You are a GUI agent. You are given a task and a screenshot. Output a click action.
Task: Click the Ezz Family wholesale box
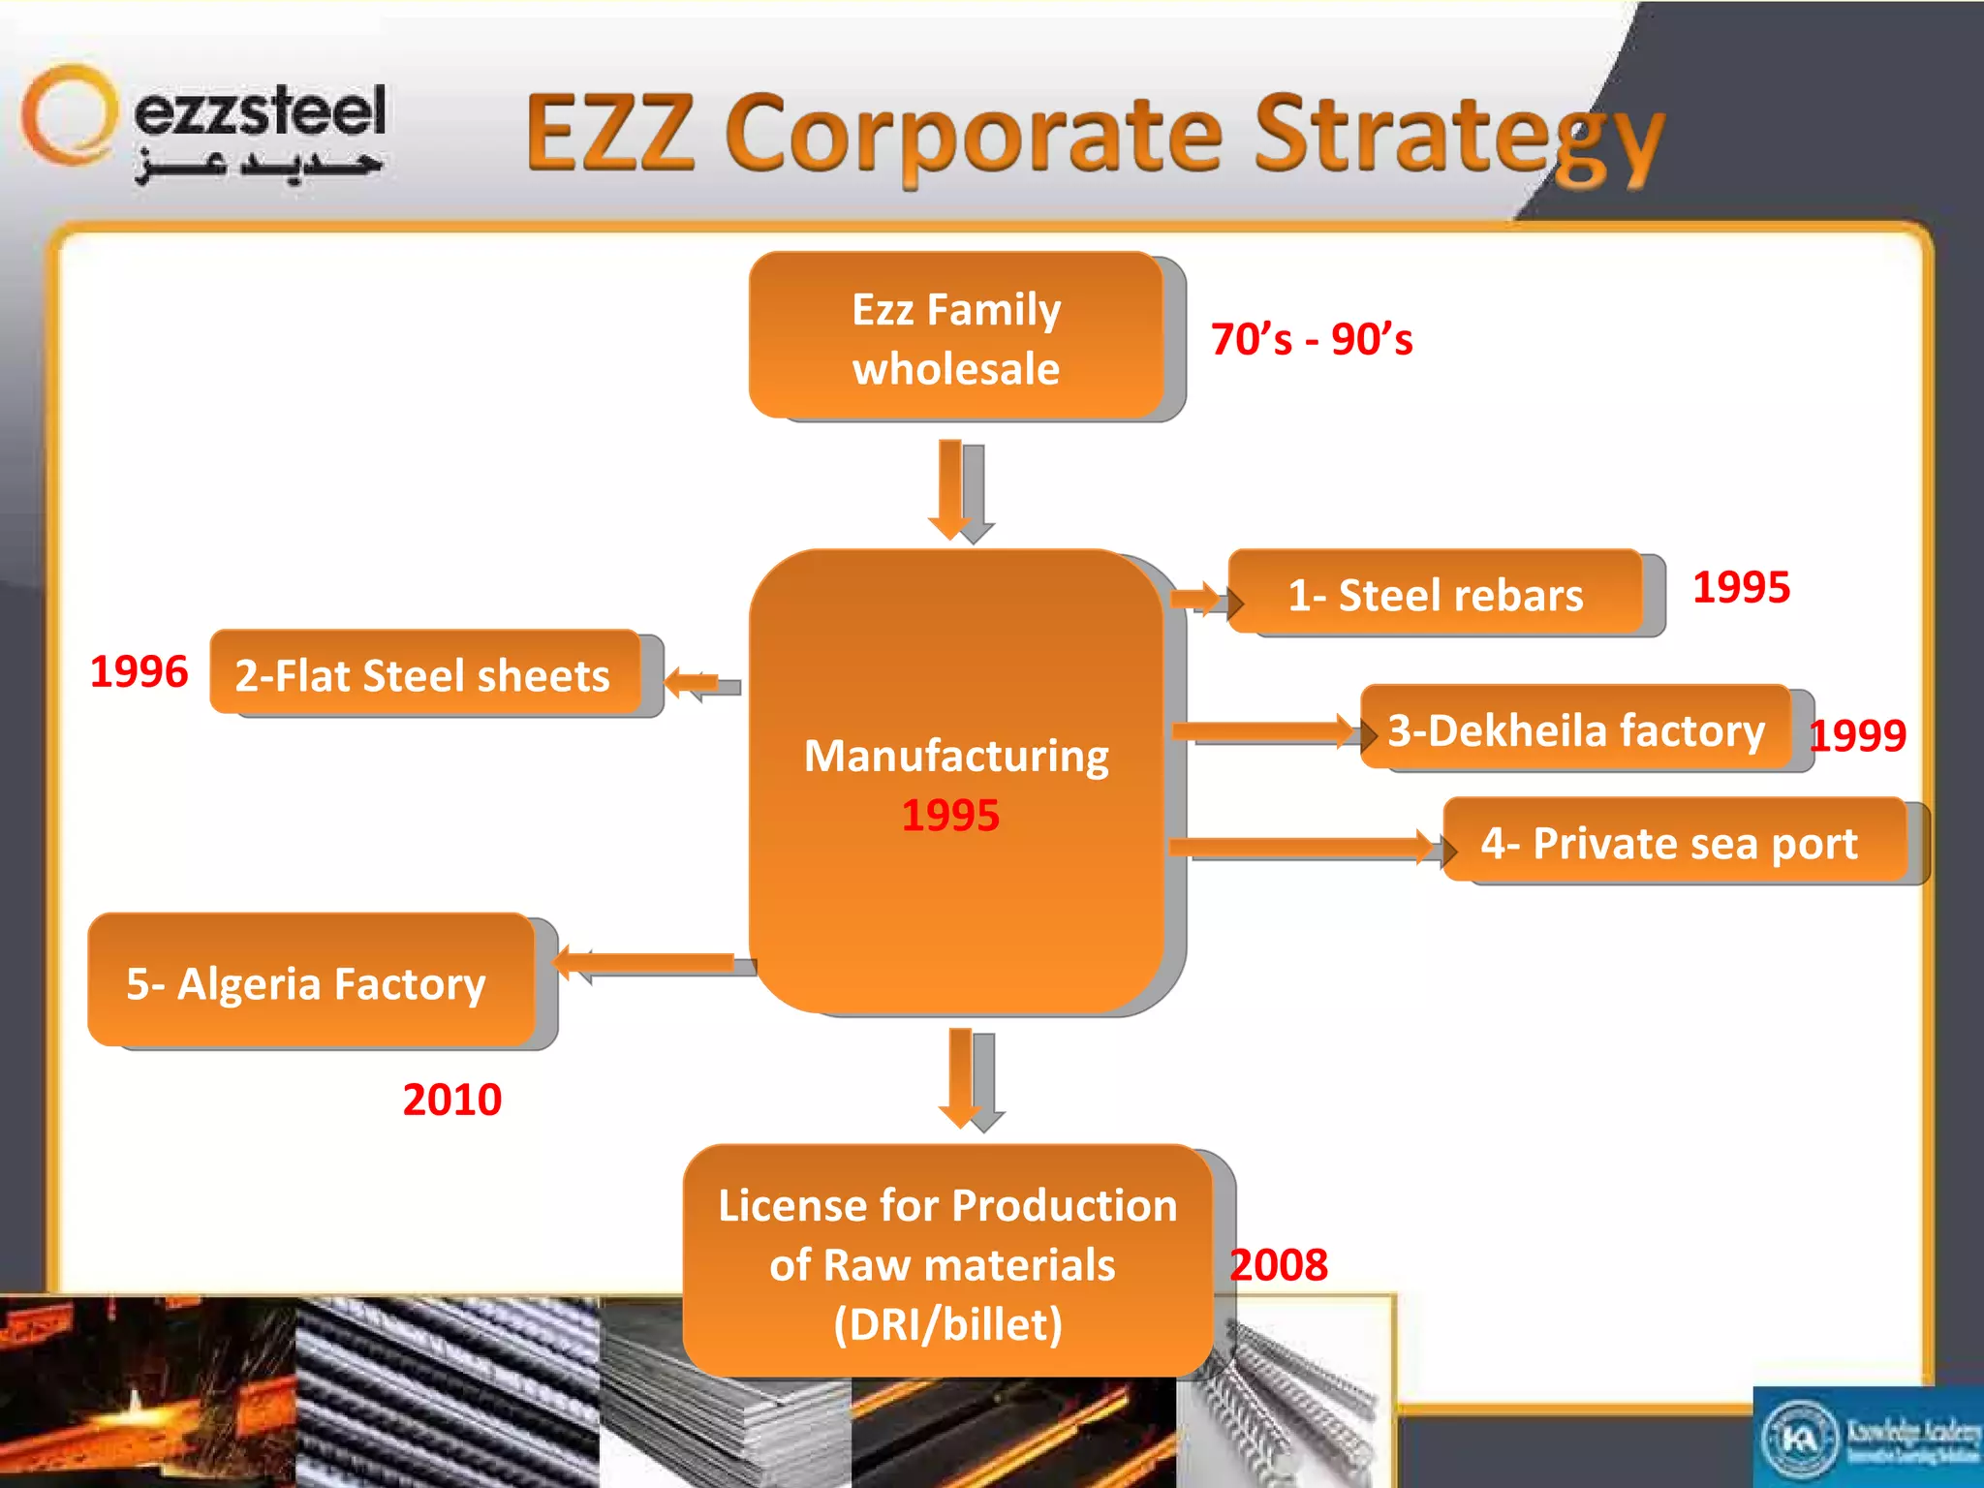[x=956, y=336]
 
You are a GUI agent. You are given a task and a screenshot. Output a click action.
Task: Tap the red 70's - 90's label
[x=1311, y=339]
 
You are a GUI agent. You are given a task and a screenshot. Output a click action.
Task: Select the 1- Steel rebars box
[x=1435, y=593]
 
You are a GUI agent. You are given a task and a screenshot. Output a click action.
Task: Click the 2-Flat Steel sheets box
[x=424, y=673]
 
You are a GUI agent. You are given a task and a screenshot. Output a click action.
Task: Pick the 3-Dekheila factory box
[x=1575, y=728]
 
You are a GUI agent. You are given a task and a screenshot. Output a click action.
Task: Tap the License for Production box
[x=947, y=1262]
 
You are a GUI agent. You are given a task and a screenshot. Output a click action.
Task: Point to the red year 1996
[x=139, y=671]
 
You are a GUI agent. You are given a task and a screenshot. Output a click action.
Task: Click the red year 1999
[x=1857, y=735]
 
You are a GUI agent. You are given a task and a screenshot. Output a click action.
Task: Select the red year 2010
[x=451, y=1100]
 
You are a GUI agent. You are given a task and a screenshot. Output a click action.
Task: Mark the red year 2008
[x=1279, y=1265]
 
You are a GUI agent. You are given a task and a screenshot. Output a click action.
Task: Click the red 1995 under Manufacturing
[x=950, y=816]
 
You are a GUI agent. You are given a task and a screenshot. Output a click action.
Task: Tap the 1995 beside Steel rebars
[x=1741, y=587]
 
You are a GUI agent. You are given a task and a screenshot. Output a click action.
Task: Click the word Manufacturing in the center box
[x=956, y=756]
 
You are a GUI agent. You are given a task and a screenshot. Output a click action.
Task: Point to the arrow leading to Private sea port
[x=1303, y=847]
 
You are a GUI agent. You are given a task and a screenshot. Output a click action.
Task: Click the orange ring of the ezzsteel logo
[x=68, y=114]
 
